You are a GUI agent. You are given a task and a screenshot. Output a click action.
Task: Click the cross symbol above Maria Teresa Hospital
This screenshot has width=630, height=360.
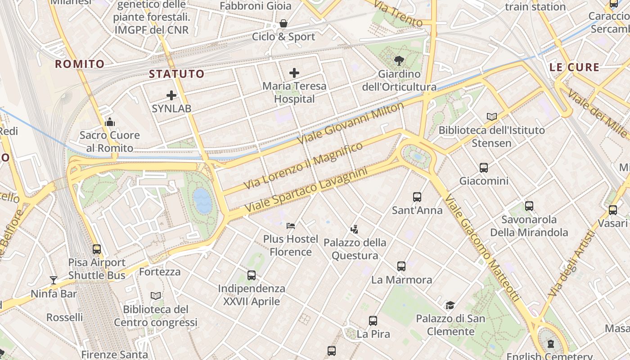click(x=294, y=73)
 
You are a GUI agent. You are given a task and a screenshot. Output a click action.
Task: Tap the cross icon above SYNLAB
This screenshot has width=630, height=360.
click(x=171, y=95)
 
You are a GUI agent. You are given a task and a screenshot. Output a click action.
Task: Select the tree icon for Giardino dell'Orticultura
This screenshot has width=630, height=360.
click(x=399, y=60)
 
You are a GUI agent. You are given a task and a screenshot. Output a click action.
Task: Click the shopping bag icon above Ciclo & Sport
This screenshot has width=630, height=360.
click(x=283, y=23)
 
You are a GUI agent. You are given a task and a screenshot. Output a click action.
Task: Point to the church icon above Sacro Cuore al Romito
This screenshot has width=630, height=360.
click(x=110, y=122)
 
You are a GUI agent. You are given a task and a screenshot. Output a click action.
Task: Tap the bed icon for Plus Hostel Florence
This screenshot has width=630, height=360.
click(x=291, y=225)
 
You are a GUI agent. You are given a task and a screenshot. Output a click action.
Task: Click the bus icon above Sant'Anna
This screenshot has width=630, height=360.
click(x=417, y=197)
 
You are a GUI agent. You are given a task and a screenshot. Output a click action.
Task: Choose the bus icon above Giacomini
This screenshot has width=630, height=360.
click(x=484, y=168)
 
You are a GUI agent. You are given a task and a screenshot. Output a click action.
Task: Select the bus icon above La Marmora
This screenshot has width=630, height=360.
click(x=401, y=266)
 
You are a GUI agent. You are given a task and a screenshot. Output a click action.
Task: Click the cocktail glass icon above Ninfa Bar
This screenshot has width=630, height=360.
click(x=54, y=280)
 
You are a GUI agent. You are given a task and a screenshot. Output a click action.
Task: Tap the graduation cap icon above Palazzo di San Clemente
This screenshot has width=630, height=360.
click(x=450, y=306)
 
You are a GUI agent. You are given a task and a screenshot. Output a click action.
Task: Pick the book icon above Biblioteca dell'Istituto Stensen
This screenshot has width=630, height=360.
click(x=492, y=117)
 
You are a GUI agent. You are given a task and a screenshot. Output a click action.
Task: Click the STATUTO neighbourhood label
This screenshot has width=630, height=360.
click(x=176, y=74)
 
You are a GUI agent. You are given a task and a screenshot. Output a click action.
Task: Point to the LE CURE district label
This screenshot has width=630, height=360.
click(x=575, y=67)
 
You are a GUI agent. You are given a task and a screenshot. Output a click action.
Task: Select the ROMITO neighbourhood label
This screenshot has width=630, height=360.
click(x=80, y=64)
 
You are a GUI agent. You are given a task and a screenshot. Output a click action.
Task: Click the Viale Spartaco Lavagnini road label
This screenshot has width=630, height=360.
click(x=306, y=190)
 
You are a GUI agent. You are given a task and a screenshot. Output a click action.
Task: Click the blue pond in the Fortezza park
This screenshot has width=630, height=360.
click(x=202, y=200)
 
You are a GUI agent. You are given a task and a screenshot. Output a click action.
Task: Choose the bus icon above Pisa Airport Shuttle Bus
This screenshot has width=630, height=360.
click(x=97, y=249)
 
